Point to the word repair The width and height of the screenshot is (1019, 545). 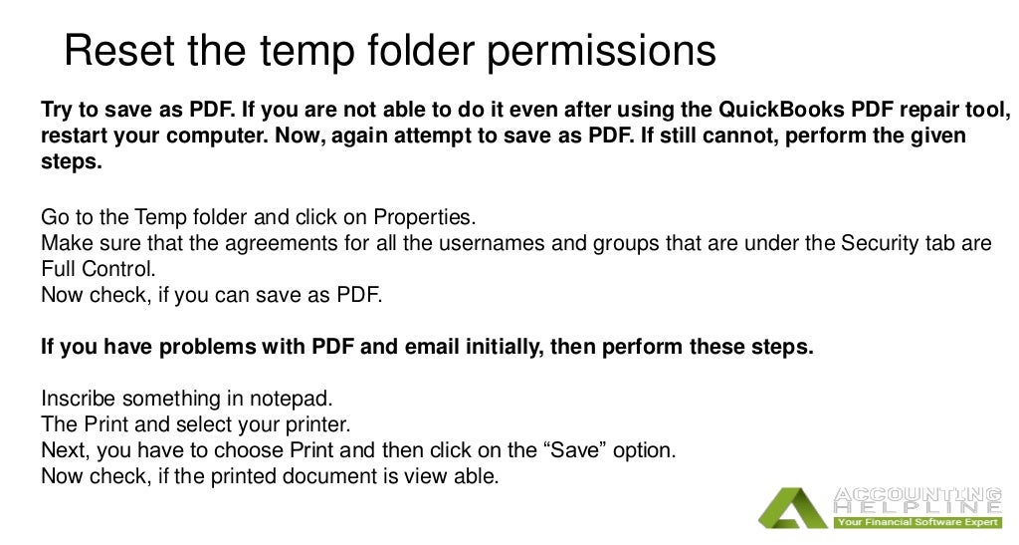pos(907,110)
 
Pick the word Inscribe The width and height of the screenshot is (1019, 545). pos(79,400)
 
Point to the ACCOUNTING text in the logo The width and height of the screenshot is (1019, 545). pos(917,494)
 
